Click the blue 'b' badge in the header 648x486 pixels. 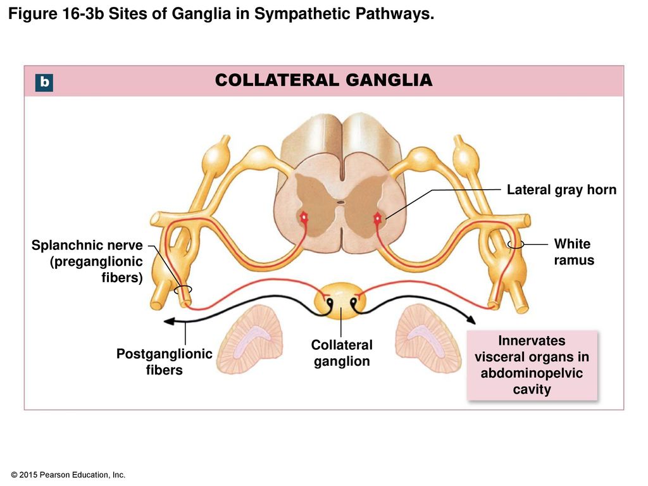[44, 82]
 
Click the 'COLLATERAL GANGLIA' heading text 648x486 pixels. [323, 80]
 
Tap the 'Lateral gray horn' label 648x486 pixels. [562, 190]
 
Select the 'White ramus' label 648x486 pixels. [573, 252]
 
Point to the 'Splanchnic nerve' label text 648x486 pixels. [87, 245]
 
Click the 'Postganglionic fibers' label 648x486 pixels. [164, 361]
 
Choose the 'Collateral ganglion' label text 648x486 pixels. [342, 353]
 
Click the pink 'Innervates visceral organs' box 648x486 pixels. [532, 365]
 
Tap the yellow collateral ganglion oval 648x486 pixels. [340, 301]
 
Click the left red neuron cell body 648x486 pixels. [304, 217]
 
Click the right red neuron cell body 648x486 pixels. [378, 218]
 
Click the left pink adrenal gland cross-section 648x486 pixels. [251, 339]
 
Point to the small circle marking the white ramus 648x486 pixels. [516, 245]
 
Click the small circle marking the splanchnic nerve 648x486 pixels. [183, 289]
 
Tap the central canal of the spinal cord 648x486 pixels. [340, 202]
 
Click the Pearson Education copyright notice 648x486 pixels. [68, 475]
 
